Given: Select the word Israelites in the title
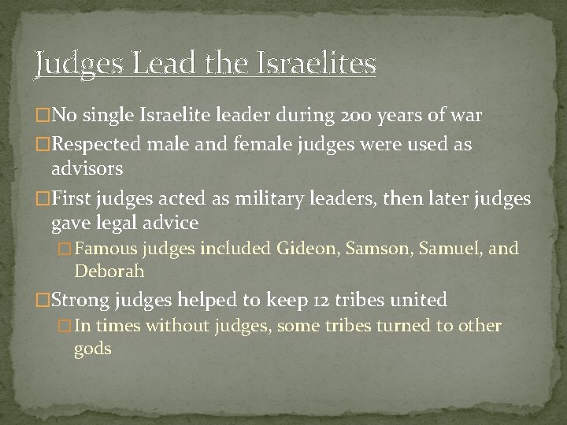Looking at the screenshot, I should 317,62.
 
